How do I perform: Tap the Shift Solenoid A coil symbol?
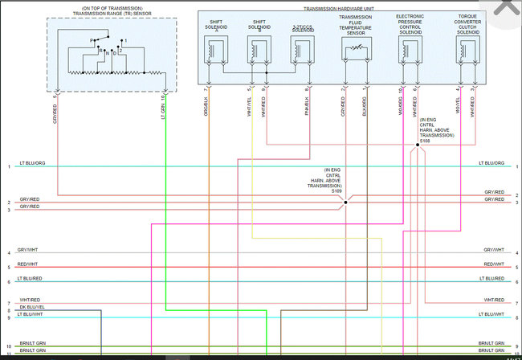pyautogui.click(x=214, y=51)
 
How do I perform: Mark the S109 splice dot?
pyautogui.click(x=345, y=202)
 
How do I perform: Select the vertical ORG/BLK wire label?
pyautogui.click(x=206, y=107)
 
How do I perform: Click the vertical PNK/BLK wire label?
pyautogui.click(x=307, y=107)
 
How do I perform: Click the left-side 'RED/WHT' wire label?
pyautogui.click(x=28, y=264)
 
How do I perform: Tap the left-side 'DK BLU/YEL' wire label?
pyautogui.click(x=31, y=307)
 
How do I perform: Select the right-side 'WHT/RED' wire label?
pyautogui.click(x=494, y=300)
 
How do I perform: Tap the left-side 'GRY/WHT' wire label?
pyautogui.click(x=28, y=250)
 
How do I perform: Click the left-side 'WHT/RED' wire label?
pyautogui.click(x=28, y=300)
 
